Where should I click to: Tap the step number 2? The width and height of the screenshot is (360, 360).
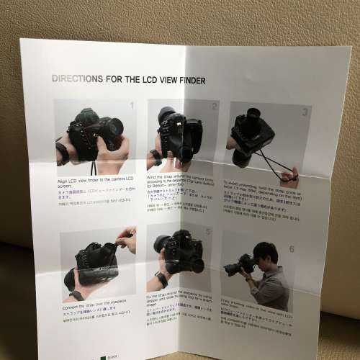[214, 107]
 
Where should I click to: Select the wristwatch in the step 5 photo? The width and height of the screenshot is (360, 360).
[161, 279]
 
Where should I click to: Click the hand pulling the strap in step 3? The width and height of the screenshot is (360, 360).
[289, 175]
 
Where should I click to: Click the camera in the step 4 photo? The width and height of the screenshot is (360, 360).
[90, 263]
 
